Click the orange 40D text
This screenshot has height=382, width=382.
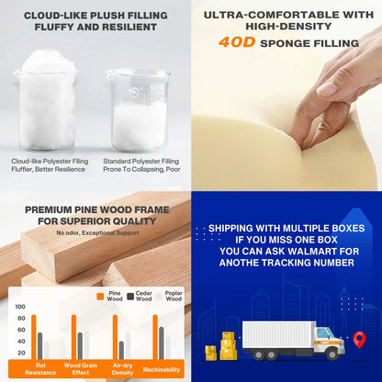tap(237, 42)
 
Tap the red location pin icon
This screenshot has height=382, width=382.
tap(359, 339)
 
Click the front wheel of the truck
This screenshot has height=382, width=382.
tap(332, 354)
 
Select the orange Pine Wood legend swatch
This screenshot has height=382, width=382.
tap(100, 296)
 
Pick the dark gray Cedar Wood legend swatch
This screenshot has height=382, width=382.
tap(130, 296)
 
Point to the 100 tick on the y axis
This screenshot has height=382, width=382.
tap(20, 307)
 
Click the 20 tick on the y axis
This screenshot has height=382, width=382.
tap(21, 353)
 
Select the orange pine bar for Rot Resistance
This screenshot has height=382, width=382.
tap(34, 337)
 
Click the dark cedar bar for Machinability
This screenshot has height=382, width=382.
tap(162, 343)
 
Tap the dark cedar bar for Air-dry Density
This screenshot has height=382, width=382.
tap(121, 350)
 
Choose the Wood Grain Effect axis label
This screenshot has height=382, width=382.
tap(81, 369)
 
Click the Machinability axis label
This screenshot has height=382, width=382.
tap(162, 370)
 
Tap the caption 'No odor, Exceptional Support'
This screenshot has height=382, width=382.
tap(97, 233)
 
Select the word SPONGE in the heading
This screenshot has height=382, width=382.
tap(282, 43)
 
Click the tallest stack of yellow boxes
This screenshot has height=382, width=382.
tap(228, 345)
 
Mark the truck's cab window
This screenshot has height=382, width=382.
tap(323, 333)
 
